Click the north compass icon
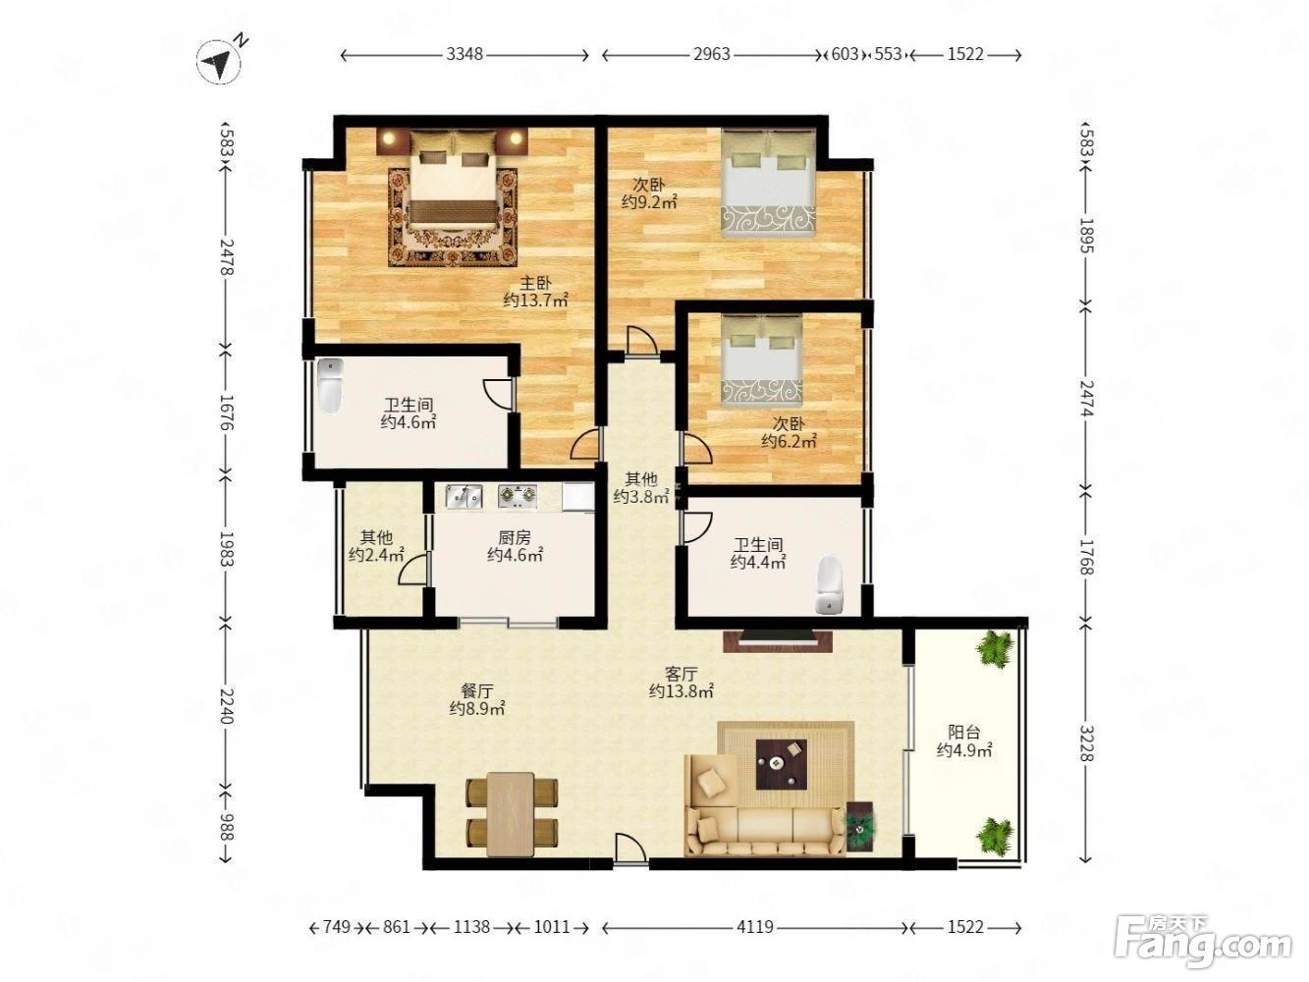coord(220,61)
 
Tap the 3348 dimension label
coord(464,54)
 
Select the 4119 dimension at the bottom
coord(754,927)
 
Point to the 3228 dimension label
coord(1086,742)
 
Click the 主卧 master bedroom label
coord(535,283)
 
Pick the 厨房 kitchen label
coord(514,538)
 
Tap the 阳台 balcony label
coord(963,732)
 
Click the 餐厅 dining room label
coord(477,690)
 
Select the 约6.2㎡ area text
coord(789,441)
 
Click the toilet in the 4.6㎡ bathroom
coord(330,386)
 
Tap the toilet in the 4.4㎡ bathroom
coord(829,585)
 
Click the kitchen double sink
coord(464,496)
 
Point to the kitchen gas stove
coord(518,496)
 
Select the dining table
coord(511,814)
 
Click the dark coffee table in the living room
coord(782,764)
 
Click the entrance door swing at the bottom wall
coord(631,847)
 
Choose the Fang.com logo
coord(1203,942)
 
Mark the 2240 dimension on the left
coord(227,705)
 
